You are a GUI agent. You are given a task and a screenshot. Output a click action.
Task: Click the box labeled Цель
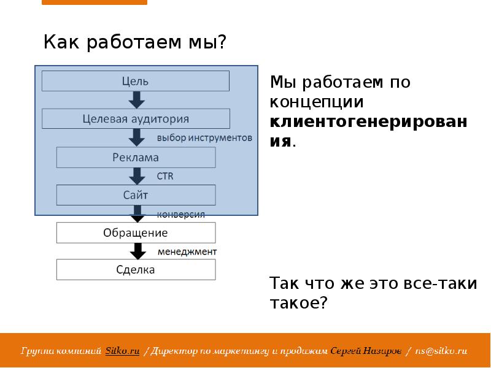pos(135,81)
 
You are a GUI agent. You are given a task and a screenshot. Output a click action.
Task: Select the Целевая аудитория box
pos(136,119)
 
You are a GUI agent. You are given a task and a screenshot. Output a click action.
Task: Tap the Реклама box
pos(136,158)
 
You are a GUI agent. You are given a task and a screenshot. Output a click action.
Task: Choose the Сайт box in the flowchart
pos(136,195)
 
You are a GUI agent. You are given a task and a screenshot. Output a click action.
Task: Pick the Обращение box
pos(136,233)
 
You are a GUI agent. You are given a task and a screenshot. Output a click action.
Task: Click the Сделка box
pos(136,270)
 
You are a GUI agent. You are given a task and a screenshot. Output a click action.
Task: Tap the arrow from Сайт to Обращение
pos(137,214)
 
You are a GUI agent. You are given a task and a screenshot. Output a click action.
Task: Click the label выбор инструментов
pos(204,138)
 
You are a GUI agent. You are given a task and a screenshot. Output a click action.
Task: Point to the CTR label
pos(165,177)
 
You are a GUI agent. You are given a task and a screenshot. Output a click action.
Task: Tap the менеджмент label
pos(187,251)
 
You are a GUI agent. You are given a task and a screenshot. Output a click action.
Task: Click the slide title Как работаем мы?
pos(135,43)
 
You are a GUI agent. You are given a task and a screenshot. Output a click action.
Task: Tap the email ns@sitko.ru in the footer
pos(441,351)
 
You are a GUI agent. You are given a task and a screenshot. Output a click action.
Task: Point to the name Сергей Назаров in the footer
pos(366,351)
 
